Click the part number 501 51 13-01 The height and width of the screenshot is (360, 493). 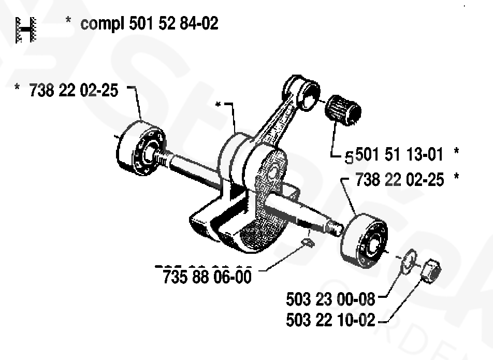pyautogui.click(x=399, y=154)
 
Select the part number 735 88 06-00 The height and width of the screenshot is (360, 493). pyautogui.click(x=207, y=277)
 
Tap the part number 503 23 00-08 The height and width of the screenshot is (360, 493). pyautogui.click(x=330, y=299)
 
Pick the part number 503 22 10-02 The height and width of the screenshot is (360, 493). pyautogui.click(x=330, y=320)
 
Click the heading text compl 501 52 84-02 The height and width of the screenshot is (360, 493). pyautogui.click(x=149, y=24)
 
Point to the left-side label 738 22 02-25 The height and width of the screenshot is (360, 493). pyautogui.click(x=74, y=90)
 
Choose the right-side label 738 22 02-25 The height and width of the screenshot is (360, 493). pyautogui.click(x=400, y=180)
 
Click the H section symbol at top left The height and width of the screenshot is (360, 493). pyautogui.click(x=26, y=30)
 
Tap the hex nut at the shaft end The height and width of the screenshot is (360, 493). pyautogui.click(x=430, y=271)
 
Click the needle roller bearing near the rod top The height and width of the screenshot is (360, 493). pyautogui.click(x=343, y=110)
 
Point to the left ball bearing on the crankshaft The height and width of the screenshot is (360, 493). pyautogui.click(x=140, y=148)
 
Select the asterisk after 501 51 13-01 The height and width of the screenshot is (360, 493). pyautogui.click(x=456, y=151)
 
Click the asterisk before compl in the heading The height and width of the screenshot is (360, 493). pyautogui.click(x=68, y=20)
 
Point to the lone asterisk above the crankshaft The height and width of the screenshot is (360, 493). pyautogui.click(x=218, y=105)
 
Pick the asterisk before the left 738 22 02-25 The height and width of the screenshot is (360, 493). pyautogui.click(x=17, y=87)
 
